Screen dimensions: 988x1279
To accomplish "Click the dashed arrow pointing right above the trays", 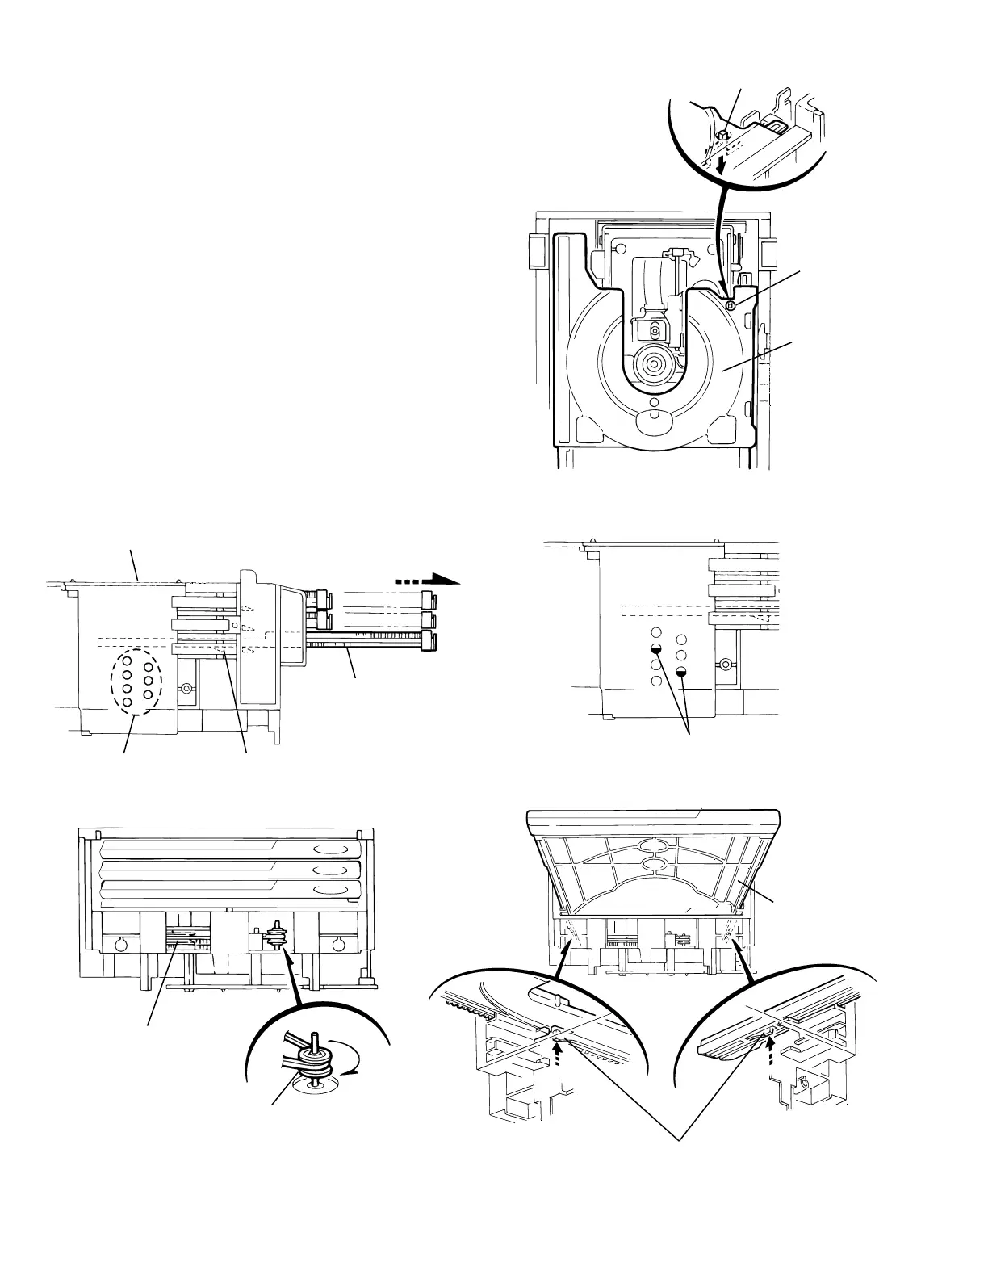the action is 428,579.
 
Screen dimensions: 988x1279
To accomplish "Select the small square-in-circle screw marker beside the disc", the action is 730,304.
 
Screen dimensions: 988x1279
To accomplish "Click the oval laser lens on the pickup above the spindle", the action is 655,330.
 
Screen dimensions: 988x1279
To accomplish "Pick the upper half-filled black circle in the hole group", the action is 657,648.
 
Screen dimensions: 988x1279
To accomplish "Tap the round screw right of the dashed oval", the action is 187,688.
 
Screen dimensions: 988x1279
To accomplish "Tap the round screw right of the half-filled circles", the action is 726,665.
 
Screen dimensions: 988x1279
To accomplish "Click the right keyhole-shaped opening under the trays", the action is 337,946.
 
